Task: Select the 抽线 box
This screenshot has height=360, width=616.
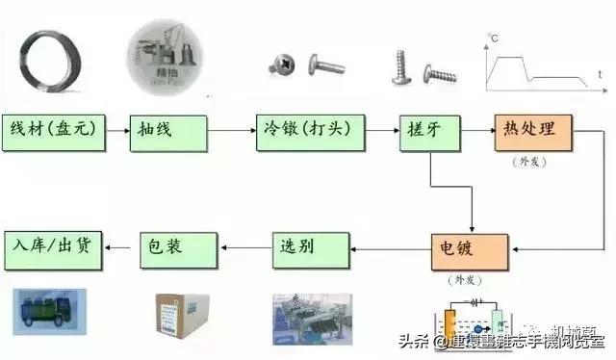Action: (168, 130)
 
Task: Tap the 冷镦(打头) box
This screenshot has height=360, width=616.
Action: (310, 130)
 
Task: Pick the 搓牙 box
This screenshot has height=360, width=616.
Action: (427, 130)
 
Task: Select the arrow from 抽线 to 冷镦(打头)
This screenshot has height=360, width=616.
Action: (231, 131)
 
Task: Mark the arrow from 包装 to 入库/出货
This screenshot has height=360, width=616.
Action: (122, 249)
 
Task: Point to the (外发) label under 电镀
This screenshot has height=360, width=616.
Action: (463, 280)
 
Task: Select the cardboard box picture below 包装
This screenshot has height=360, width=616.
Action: (181, 314)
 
